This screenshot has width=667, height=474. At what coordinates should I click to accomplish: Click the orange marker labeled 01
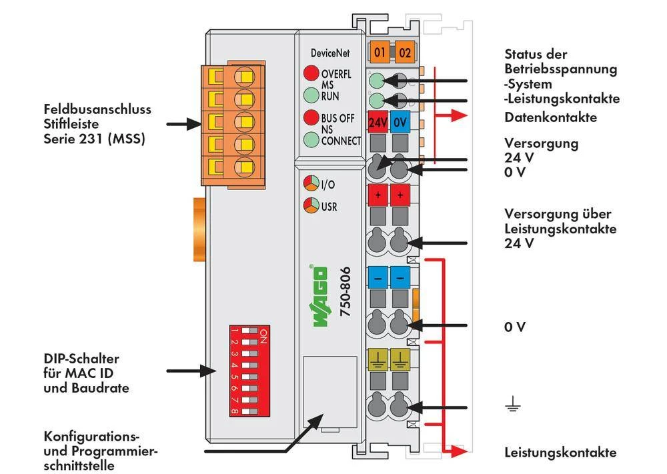click(380, 51)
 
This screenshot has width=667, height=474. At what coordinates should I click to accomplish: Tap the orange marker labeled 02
click(404, 51)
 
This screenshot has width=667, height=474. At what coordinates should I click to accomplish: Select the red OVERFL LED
click(311, 73)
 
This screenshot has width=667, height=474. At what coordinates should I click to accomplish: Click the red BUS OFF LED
click(311, 118)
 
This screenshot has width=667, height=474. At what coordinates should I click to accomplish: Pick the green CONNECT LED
click(311, 140)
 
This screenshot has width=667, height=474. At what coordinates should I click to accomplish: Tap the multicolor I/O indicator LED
click(311, 184)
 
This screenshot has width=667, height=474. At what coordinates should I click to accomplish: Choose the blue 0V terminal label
click(400, 123)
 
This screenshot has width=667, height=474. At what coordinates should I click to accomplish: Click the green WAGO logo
click(319, 297)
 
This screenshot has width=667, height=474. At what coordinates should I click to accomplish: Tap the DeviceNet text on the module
click(329, 53)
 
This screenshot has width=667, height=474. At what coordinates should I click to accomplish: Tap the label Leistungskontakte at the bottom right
click(560, 453)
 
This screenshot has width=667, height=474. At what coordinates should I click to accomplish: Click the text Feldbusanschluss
click(97, 109)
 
